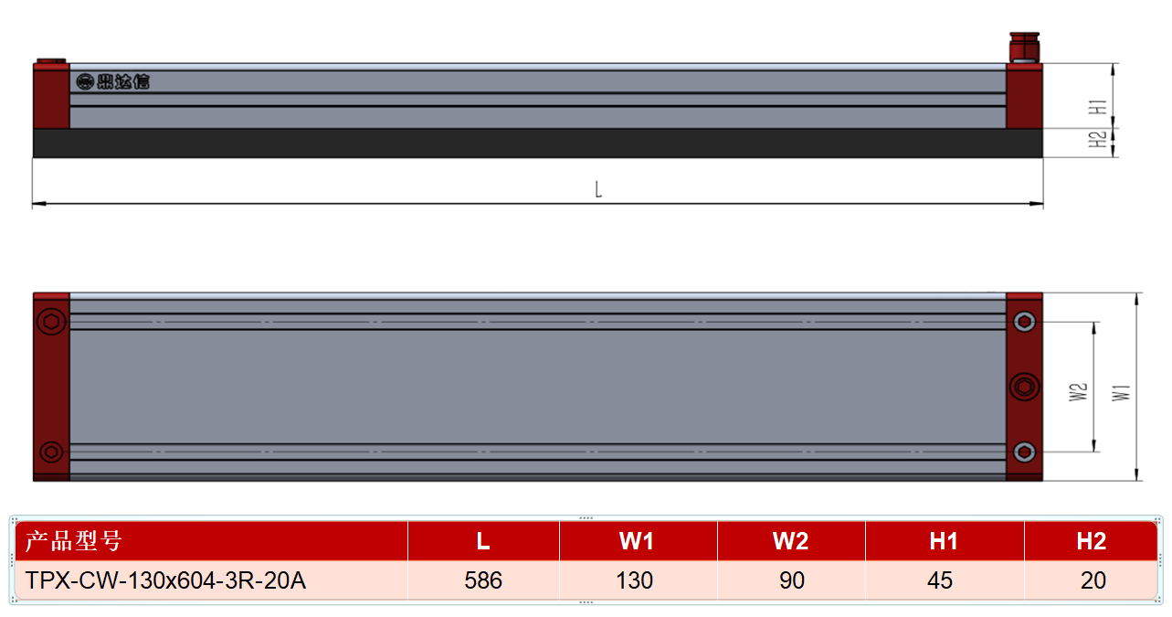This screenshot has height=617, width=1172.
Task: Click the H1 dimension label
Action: point(1098,107)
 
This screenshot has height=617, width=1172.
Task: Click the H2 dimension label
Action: point(1098,139)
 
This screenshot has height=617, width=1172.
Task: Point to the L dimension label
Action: point(598,189)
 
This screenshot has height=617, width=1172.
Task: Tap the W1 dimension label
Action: point(1121,393)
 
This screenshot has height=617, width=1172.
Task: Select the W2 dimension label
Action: point(1078,392)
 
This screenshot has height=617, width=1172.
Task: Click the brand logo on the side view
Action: point(113,81)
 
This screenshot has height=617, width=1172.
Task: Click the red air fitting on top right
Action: point(1024,48)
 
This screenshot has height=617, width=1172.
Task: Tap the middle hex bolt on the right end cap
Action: point(1024,387)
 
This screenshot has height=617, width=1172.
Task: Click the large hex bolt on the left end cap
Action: point(51,321)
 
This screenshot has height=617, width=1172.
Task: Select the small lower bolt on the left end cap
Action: point(51,452)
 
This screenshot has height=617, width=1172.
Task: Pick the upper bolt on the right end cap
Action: point(1024,322)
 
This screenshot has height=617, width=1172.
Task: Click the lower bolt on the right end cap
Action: point(1024,452)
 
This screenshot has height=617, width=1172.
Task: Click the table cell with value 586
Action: point(483,580)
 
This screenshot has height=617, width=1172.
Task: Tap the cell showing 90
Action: point(792,580)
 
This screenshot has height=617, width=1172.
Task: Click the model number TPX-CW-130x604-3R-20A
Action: point(165,580)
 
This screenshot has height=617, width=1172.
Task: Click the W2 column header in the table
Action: point(792,541)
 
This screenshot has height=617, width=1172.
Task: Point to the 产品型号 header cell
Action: point(211,541)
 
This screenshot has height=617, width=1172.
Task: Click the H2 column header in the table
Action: point(1091,541)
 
